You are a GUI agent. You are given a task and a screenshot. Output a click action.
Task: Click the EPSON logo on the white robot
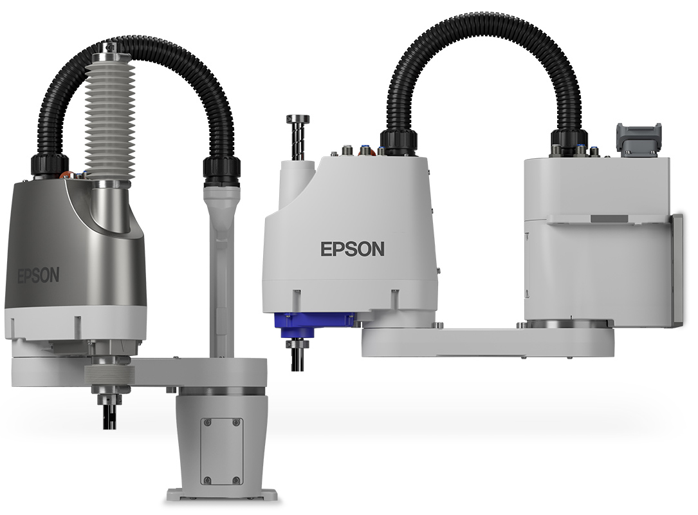pos(353,248)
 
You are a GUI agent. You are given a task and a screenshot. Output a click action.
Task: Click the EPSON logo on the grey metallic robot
pos(38,276)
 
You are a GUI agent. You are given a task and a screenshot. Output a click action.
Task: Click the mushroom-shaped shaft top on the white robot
pos(297,120)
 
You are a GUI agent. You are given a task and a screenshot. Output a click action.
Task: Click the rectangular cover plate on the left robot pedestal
pos(221,451)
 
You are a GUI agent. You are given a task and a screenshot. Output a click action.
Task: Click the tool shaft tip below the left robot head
pos(108,415)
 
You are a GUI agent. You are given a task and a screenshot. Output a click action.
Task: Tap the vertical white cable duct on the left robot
pos(221,270)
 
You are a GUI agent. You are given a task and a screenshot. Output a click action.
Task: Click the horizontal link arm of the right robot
pos(489,341)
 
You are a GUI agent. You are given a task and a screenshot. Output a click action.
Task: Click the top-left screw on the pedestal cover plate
pos(206,422)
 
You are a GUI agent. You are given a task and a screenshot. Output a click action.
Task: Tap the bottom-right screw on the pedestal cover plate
pos(236,480)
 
